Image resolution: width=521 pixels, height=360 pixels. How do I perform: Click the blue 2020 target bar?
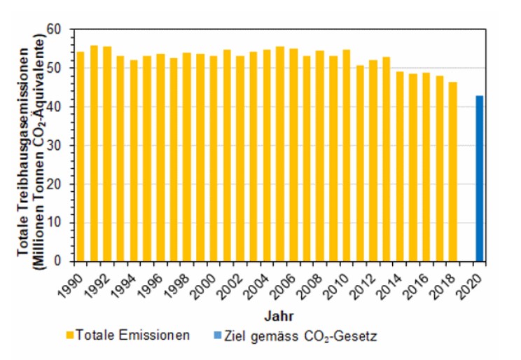point(479,179)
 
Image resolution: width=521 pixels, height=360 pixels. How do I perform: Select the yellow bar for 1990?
point(81,157)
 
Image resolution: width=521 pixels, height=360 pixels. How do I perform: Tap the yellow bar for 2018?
point(453,172)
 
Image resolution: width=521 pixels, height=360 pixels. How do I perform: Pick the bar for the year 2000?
point(214,159)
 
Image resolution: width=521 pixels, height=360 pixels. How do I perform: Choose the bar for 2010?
point(346,156)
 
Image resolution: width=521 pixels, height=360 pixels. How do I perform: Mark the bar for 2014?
point(400,167)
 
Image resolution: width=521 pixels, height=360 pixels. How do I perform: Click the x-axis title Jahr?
point(279,316)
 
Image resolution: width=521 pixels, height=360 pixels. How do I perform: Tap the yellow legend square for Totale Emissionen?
point(70,335)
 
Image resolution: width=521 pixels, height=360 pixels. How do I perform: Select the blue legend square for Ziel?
point(218,335)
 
